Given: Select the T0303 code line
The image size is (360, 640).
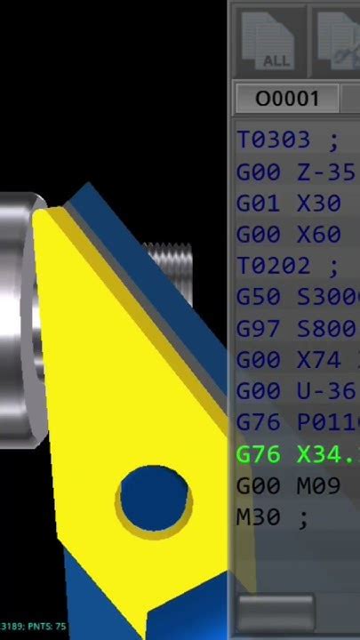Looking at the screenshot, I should point(289,140).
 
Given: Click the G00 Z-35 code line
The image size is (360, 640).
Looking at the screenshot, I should point(296,172).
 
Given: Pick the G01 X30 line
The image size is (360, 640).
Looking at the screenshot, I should point(290,204).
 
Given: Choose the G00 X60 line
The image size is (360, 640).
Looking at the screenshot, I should point(290,235).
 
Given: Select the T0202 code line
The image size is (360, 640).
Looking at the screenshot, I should point(289,266).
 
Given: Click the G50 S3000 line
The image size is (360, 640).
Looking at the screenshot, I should point(296,298).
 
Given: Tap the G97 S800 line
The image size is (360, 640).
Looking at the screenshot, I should point(296,329).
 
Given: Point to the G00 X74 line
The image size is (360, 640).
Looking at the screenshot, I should point(296,360).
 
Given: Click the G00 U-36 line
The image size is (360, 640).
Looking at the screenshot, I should point(296,391).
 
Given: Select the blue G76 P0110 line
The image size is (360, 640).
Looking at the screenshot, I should point(296,423).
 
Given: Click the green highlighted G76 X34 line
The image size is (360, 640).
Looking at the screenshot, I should point(296,455).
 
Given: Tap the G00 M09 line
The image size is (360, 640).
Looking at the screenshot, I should point(290,486).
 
